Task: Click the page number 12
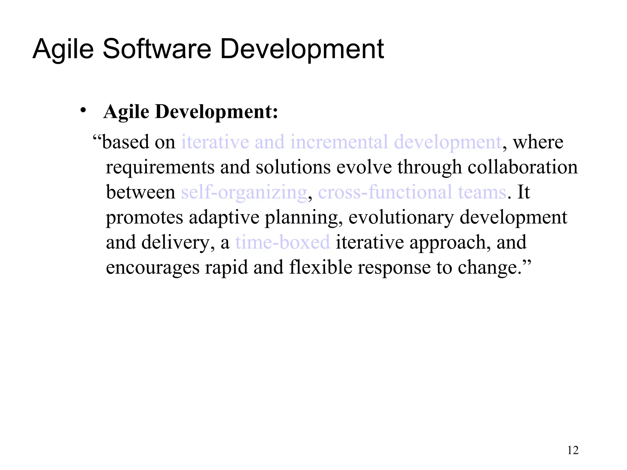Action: pos(573,450)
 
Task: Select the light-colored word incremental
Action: pos(339,142)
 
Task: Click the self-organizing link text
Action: pos(244,192)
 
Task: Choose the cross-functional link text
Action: pos(385,192)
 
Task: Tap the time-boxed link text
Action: pos(283,242)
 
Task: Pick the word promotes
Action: pos(144,218)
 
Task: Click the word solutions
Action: pos(293,167)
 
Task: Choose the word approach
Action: pos(447,243)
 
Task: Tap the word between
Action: pos(141,192)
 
